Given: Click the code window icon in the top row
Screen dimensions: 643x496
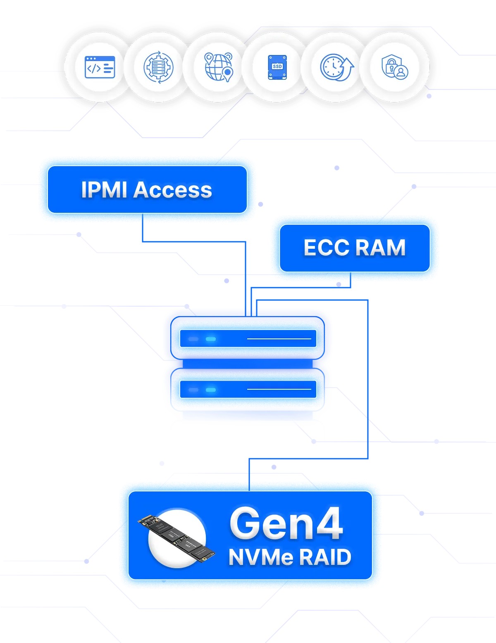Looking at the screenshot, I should [100, 67].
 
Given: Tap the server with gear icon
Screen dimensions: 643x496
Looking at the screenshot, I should [158, 67].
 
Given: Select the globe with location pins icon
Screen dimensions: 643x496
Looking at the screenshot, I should [218, 67].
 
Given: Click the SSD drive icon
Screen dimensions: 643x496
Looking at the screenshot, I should [277, 67].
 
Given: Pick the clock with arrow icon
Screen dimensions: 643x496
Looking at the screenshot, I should [336, 67].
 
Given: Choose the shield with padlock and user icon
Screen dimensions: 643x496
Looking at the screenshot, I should [395, 67].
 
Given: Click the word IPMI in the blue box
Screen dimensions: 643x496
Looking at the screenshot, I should [104, 190].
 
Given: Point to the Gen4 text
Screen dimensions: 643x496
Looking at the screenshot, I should [286, 524].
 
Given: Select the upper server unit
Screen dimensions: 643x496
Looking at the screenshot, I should [248, 338].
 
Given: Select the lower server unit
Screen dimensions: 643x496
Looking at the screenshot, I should [248, 389].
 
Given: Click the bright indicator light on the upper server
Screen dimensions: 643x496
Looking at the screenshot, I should [211, 339].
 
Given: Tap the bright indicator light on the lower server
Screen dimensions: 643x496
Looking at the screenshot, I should [211, 390].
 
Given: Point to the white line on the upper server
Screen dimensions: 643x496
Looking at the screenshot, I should [279, 338].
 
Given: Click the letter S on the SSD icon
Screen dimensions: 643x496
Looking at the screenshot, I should [274, 67].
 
